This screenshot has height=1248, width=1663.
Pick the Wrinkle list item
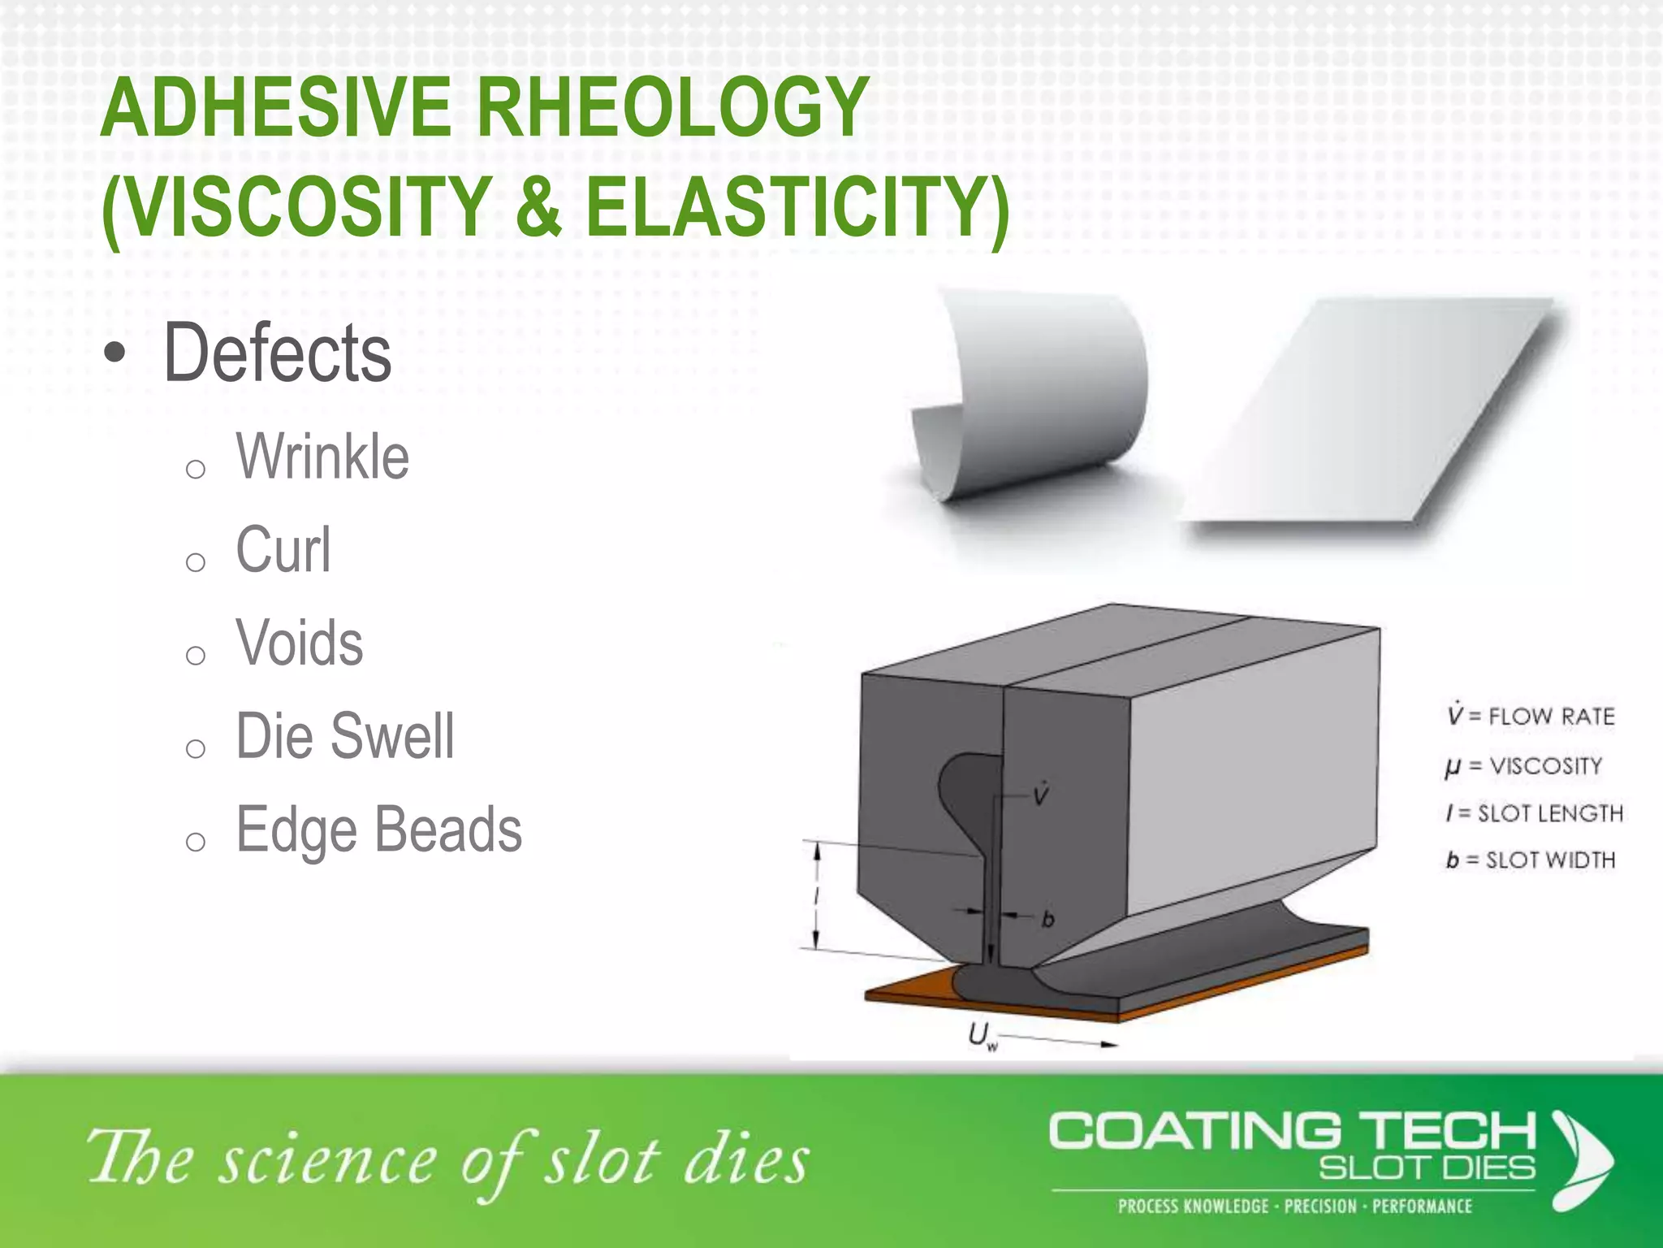322,457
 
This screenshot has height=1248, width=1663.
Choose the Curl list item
283,550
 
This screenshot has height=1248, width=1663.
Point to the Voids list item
300,643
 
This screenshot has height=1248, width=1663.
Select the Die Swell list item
345,736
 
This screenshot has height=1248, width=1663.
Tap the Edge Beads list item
379,830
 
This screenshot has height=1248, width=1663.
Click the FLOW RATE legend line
1531,716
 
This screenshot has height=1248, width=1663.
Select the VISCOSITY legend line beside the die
1524,766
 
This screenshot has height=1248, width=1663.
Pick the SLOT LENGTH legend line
1535,813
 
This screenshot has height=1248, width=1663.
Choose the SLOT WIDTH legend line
1531,860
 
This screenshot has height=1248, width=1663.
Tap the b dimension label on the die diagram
1047,919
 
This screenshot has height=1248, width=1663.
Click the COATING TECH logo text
1291,1132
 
